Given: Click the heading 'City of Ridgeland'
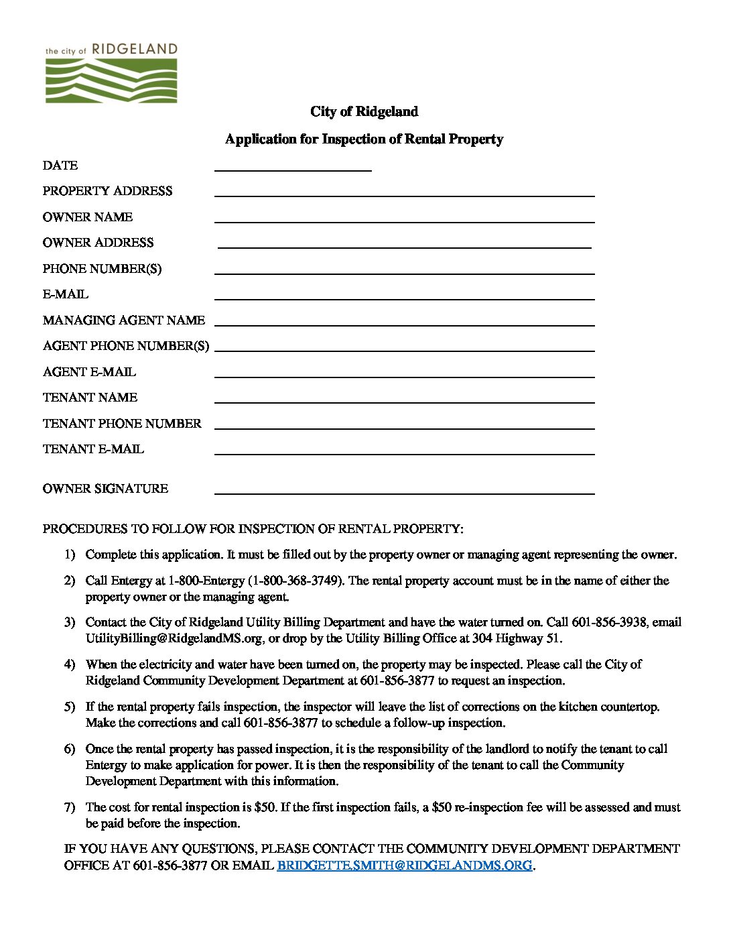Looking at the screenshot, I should click(364, 111).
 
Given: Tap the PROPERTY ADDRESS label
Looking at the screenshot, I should click(107, 191).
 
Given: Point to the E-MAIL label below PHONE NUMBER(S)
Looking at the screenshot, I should click(65, 294).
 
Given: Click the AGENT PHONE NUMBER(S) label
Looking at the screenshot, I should click(125, 346).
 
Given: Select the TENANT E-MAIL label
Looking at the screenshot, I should click(93, 449).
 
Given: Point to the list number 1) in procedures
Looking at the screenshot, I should click(70, 555).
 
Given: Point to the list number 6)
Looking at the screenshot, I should click(70, 749).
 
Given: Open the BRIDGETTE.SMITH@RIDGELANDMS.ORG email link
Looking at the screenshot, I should click(405, 866).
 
